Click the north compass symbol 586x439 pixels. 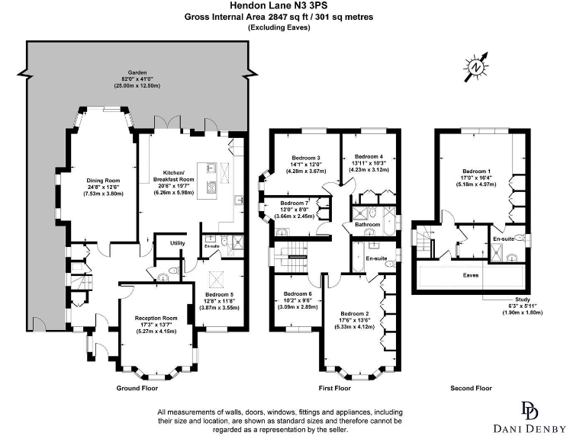pyautogui.click(x=475, y=68)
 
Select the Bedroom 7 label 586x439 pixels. pyautogui.click(x=295, y=203)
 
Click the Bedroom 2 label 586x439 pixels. pyautogui.click(x=355, y=313)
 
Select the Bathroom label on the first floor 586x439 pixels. pyautogui.click(x=366, y=225)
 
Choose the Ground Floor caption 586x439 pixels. pyautogui.click(x=137, y=388)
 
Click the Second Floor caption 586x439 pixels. pyautogui.click(x=472, y=388)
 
